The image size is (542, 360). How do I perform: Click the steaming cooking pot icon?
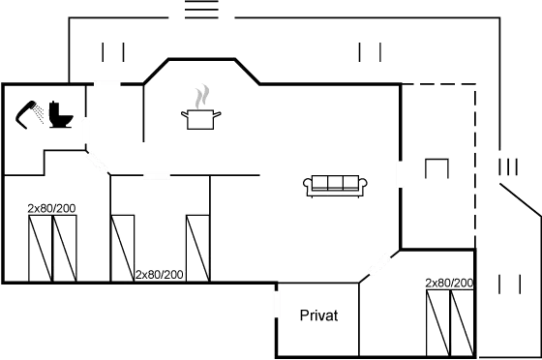201,111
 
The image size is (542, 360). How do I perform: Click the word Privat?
318,316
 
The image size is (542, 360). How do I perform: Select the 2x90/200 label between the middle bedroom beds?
159,275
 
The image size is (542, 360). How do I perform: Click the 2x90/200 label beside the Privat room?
448,283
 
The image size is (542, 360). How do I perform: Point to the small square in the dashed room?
437,169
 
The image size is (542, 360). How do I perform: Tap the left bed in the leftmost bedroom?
39,250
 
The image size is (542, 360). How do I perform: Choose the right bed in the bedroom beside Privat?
461,321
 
